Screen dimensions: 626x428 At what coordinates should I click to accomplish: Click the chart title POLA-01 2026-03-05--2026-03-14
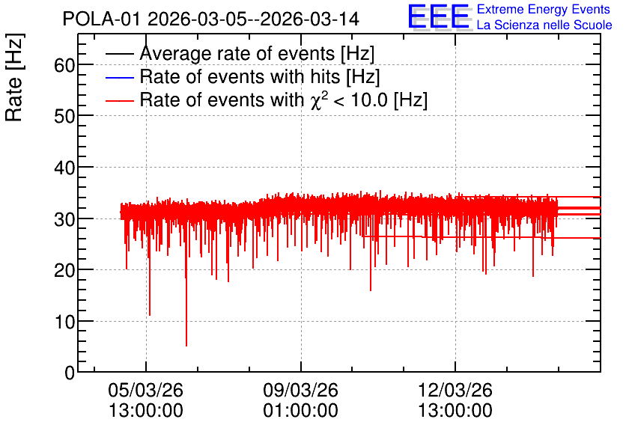211,19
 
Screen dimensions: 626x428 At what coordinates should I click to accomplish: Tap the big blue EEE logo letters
439,16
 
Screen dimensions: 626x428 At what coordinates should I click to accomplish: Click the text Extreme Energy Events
544,9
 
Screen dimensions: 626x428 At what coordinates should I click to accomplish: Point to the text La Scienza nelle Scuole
544,25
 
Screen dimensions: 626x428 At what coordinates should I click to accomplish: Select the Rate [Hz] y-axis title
14,77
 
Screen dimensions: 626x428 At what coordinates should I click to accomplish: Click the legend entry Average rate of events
257,53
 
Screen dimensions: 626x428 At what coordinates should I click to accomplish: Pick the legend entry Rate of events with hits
260,76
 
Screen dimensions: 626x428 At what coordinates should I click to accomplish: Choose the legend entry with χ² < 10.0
284,100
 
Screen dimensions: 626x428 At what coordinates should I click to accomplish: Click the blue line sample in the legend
120,77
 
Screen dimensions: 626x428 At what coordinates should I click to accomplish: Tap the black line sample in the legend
120,54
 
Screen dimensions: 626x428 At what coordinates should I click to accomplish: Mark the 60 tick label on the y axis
64,65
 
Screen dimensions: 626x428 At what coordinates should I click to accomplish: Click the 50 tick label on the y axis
64,116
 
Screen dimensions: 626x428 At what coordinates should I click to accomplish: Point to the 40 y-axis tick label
64,168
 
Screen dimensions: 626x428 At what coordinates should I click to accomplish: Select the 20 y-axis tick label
64,270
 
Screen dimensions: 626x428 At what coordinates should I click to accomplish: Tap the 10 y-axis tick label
64,322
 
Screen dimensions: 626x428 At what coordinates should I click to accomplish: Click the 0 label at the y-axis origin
70,373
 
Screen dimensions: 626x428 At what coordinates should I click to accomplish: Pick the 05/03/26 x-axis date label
146,390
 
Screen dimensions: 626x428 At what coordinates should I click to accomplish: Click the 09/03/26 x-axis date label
300,390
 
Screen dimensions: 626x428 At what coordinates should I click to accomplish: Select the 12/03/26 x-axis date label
455,390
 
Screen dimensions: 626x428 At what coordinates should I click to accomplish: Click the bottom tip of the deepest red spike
186,346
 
